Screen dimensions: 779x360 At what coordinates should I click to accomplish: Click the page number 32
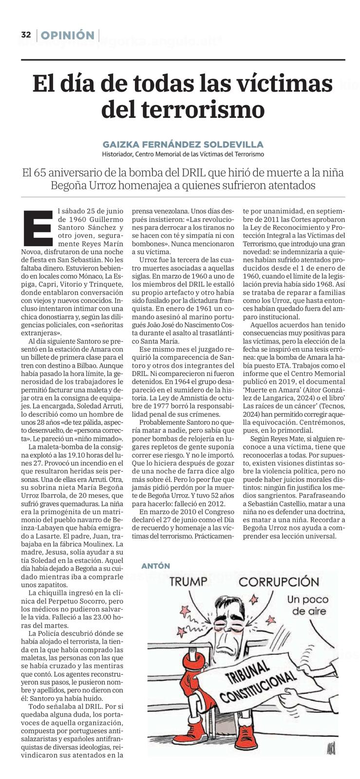pos(26,35)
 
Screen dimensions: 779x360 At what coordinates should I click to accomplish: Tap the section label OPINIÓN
pos(68,35)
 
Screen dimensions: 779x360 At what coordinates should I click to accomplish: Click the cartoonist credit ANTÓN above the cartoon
pos(155,566)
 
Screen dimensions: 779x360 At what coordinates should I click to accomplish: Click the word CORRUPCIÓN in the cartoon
pos(275,582)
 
